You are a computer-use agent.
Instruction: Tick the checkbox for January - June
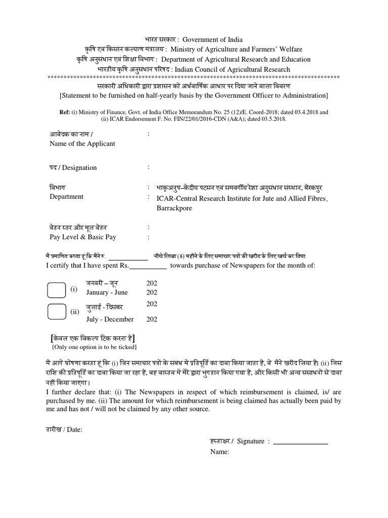pos(56,290)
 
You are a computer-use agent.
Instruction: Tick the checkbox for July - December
pos(56,311)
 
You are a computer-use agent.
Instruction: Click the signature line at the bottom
pos(300,442)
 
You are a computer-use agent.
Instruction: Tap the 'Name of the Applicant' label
pos(82,144)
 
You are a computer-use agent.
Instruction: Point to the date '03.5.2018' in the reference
pos(273,119)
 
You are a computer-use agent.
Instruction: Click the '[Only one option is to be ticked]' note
pos(94,347)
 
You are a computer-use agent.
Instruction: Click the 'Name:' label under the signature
pos(220,452)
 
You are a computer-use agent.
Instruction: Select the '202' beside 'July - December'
pos(152,319)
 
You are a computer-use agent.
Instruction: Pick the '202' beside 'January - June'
pos(152,292)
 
